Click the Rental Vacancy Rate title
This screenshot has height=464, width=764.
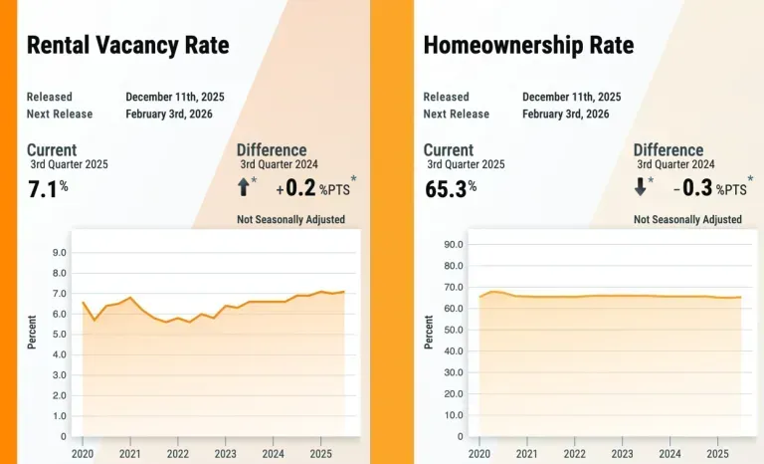point(127,45)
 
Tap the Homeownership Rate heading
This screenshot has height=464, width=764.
point(528,45)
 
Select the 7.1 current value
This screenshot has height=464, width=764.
point(46,187)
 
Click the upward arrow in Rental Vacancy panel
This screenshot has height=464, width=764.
point(244,185)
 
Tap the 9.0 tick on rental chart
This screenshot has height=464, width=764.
point(59,252)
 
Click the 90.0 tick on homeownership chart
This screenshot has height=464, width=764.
point(453,243)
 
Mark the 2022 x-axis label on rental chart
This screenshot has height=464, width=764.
point(177,454)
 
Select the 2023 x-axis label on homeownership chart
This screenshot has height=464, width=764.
point(622,454)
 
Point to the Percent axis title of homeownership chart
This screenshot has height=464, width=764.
point(430,331)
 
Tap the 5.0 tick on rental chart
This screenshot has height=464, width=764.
point(59,334)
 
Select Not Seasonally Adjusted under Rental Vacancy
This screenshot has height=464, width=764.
point(290,219)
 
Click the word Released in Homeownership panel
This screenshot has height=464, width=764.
point(446,97)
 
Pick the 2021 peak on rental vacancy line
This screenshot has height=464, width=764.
point(130,298)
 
